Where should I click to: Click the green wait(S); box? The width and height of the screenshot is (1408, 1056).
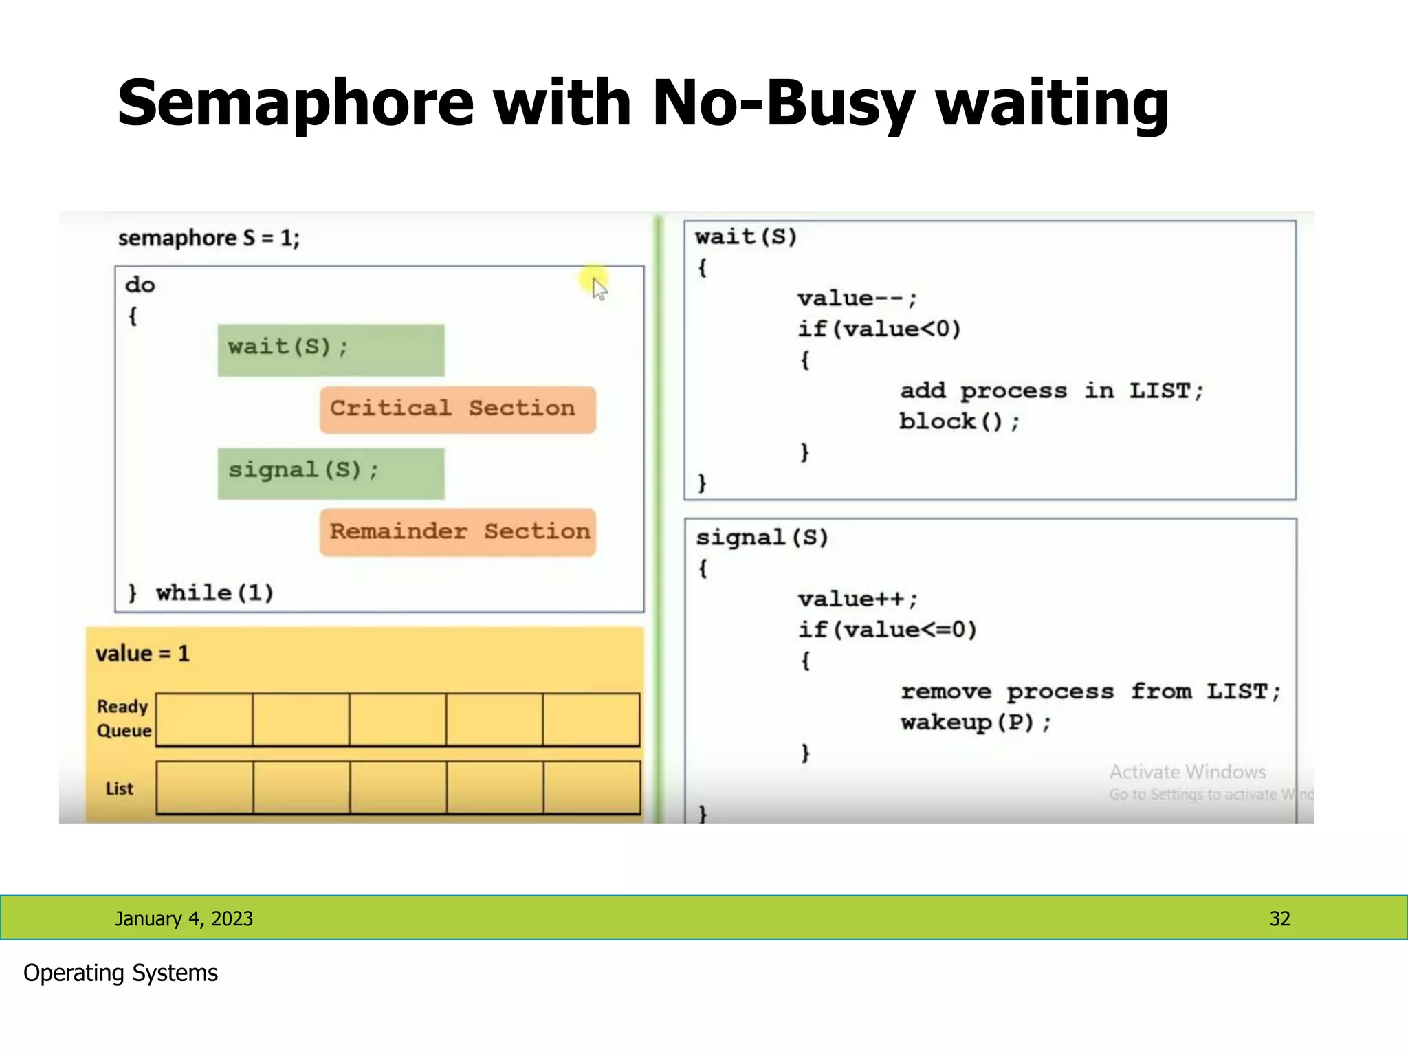click(331, 350)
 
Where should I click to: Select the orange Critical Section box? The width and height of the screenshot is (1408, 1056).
click(457, 409)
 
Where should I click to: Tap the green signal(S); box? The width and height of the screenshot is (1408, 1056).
click(331, 473)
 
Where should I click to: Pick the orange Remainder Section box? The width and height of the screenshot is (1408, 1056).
click(457, 532)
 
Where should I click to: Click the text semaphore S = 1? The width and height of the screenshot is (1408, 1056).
click(209, 239)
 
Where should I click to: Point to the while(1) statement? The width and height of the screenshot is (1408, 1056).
click(214, 593)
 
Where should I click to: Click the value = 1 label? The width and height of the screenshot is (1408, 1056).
click(142, 653)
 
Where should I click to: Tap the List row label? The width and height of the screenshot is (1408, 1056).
click(119, 789)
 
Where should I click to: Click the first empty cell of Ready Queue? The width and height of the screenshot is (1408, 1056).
click(204, 719)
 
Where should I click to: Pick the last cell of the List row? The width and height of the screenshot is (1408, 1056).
click(591, 788)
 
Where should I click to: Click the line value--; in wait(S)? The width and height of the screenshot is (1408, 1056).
click(857, 299)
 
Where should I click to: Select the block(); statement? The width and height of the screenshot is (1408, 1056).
click(959, 421)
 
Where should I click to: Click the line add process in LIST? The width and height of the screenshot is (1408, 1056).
click(1051, 390)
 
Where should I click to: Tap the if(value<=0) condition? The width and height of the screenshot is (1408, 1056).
click(887, 630)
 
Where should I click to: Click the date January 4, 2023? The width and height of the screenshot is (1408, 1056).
click(184, 918)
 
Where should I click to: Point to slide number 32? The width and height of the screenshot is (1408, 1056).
click(1279, 918)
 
